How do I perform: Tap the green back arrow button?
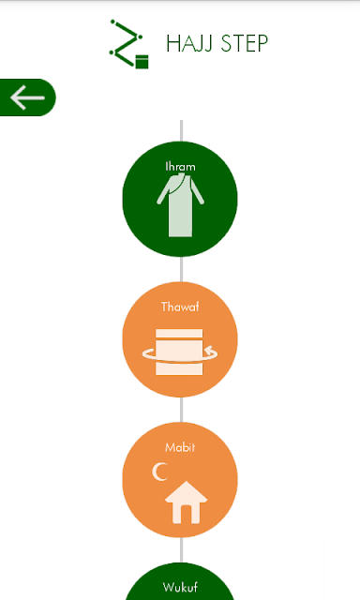(27, 97)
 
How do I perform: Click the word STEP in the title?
(245, 43)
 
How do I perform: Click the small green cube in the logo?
(142, 62)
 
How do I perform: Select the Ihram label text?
(180, 167)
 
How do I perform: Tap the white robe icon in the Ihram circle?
(180, 204)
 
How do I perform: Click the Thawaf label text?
(180, 307)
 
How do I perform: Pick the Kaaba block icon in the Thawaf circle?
(179, 352)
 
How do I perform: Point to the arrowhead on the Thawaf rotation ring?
(209, 350)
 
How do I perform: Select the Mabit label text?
(180, 447)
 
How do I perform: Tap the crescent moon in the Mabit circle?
(159, 472)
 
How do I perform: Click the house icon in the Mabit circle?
(186, 502)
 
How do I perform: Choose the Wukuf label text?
(180, 587)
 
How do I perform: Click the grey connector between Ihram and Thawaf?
(181, 269)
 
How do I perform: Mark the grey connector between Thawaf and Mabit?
(181, 410)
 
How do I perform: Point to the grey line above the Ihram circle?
(181, 131)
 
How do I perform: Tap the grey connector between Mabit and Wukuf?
(181, 550)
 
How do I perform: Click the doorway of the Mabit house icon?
(186, 515)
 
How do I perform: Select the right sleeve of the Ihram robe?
(198, 191)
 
